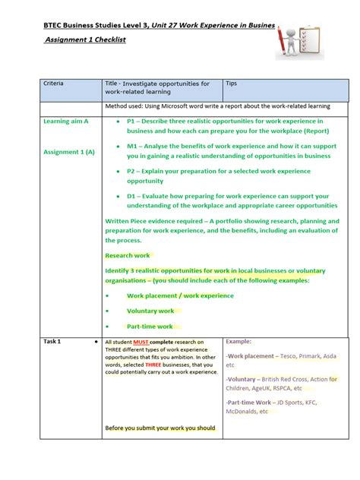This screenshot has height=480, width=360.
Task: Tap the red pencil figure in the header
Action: [x=286, y=39]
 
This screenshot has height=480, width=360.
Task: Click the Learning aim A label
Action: [x=66, y=121]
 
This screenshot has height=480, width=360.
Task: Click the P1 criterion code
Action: [x=132, y=121]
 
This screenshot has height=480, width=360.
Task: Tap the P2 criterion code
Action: [x=132, y=171]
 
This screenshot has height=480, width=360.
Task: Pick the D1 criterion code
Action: [x=133, y=195]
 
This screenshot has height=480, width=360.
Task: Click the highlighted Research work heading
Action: [x=128, y=255]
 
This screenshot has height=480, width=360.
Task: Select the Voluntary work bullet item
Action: [x=150, y=311]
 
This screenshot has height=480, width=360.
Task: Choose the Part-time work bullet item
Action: [x=150, y=327]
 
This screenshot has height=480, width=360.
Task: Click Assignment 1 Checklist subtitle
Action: [x=85, y=39]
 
